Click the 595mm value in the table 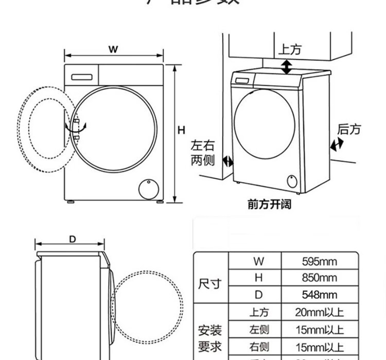click(x=319, y=261)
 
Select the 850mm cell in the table click(x=319, y=278)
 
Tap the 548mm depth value click(x=319, y=295)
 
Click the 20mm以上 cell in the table click(x=319, y=312)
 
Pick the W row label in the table click(x=258, y=261)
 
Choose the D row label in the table click(x=258, y=295)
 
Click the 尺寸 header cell click(x=210, y=283)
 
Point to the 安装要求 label click(x=210, y=337)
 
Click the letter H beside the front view click(x=181, y=130)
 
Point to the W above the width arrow click(x=113, y=49)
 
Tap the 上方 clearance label click(x=290, y=49)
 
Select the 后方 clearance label click(x=349, y=129)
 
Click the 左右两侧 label click(x=202, y=153)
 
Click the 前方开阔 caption click(x=269, y=204)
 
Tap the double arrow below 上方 click(x=286, y=66)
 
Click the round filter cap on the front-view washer click(x=147, y=188)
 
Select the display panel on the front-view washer click(x=81, y=76)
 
